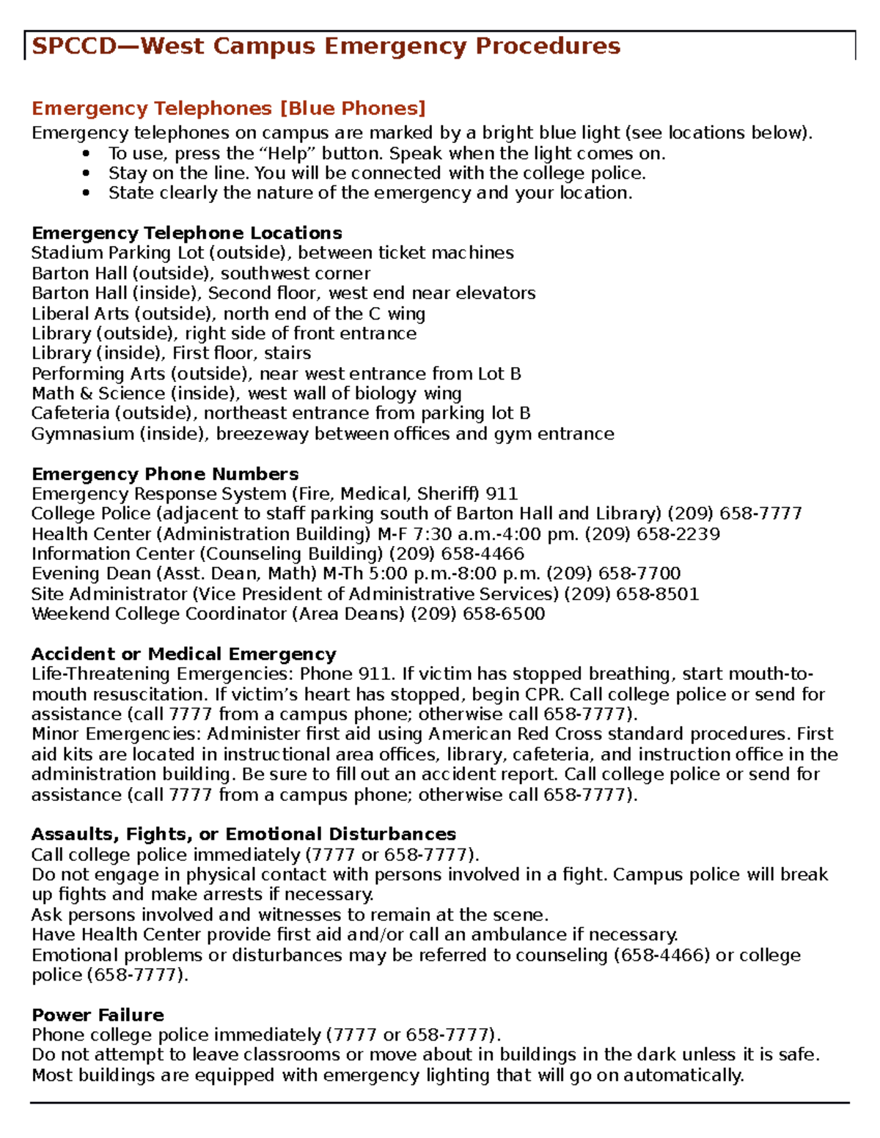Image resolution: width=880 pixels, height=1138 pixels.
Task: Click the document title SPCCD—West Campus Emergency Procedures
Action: pos(326,46)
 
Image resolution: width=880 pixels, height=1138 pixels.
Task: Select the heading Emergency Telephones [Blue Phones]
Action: pos(228,108)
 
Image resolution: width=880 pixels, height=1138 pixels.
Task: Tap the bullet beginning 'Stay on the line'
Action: pos(376,174)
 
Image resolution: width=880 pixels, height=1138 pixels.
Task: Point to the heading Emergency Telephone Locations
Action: pos(186,233)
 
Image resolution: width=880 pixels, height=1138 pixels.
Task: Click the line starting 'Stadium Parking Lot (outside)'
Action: pos(272,254)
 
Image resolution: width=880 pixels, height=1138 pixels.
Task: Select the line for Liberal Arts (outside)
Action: pos(228,314)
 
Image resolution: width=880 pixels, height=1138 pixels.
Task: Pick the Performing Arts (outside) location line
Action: pos(276,374)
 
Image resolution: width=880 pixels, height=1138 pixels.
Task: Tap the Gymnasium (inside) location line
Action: pos(323,434)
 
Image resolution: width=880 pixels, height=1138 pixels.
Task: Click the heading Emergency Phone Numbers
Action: pos(165,474)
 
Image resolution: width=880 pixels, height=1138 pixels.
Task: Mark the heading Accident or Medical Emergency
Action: pos(183,654)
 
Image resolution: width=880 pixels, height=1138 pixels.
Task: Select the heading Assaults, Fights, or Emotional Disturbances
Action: pos(243,835)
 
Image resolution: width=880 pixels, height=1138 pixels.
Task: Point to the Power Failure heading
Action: pos(98,1015)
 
